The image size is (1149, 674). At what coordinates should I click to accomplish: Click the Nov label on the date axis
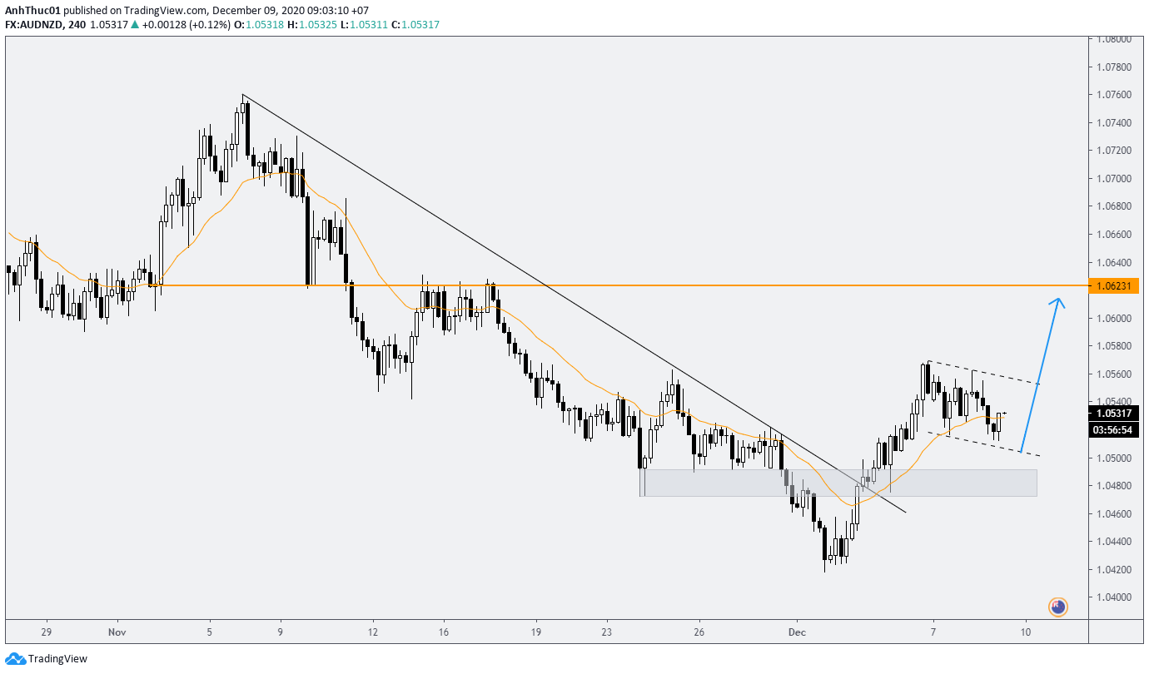click(117, 632)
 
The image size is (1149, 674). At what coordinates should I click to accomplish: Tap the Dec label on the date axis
click(797, 632)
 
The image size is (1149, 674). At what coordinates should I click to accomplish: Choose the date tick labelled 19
click(537, 632)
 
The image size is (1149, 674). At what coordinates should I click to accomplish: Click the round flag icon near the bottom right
click(1057, 607)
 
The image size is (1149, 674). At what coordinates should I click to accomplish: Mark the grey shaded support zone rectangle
click(838, 483)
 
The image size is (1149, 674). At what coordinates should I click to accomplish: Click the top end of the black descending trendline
click(242, 95)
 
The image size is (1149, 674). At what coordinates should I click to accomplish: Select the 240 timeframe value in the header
click(76, 25)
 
